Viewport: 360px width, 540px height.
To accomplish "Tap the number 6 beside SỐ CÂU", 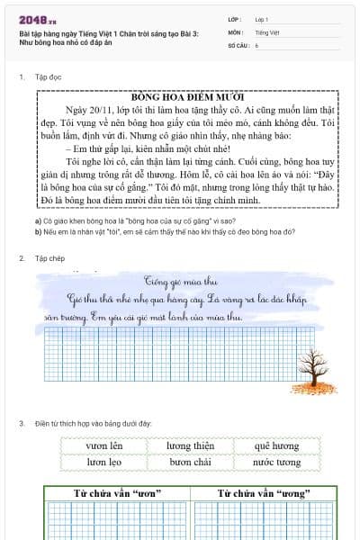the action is (x=256, y=43).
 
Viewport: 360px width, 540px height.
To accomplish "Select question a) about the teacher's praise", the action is (x=122, y=220).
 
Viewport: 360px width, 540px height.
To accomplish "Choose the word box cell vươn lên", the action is (x=104, y=445).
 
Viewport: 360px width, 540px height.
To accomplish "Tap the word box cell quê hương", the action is (x=275, y=445).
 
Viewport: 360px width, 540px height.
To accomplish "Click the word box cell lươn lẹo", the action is (x=104, y=462).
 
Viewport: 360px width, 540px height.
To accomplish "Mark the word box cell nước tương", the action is (x=275, y=462).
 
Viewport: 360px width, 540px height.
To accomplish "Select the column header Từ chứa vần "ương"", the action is (x=262, y=493).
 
